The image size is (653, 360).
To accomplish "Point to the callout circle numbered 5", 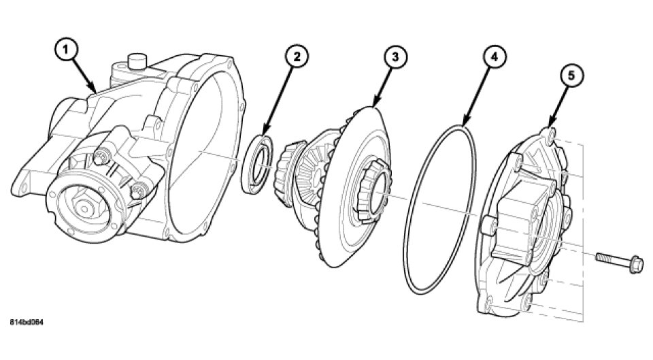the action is (x=571, y=76).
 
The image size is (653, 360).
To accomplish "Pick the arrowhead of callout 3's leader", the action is (x=372, y=109).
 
